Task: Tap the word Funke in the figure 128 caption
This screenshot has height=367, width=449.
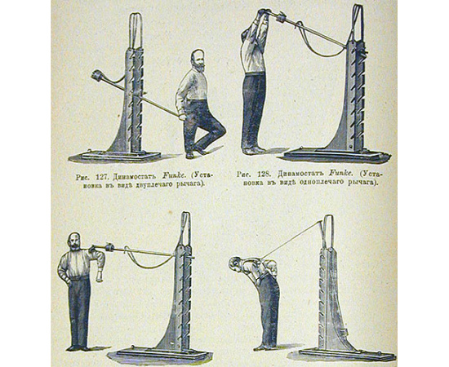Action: point(339,174)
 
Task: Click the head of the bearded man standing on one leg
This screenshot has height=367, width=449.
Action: point(198,60)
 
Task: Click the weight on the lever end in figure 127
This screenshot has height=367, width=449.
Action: point(96,77)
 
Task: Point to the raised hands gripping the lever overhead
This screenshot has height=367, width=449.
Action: point(264,13)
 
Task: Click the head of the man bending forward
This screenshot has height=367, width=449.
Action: point(236,263)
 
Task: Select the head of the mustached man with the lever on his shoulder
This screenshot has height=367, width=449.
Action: point(74,241)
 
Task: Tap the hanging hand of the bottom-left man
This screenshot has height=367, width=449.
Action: point(100,277)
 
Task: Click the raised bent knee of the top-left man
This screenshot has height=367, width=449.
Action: point(220,130)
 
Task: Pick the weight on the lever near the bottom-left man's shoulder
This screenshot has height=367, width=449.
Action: point(110,246)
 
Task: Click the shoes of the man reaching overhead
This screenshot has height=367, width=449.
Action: point(254,150)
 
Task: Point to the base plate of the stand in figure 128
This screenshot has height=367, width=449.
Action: point(337,155)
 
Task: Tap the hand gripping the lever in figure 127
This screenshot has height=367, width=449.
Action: point(181,117)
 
